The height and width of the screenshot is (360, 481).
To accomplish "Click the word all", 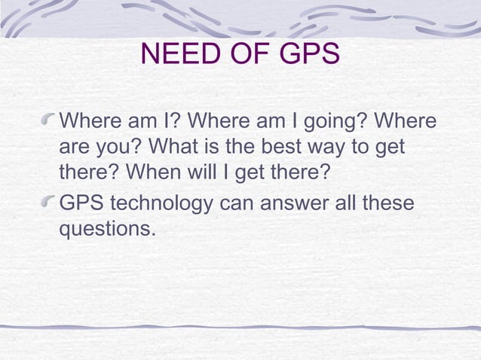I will [346, 203].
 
